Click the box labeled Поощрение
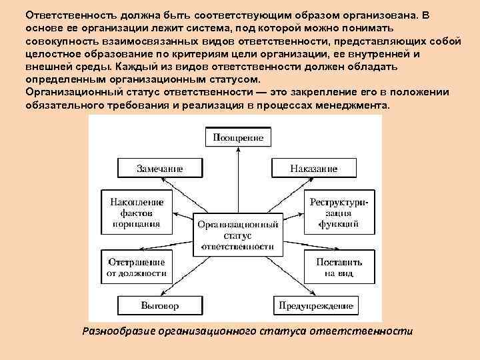238,138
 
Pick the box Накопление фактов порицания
135,211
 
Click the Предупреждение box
314,305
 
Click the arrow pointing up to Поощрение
238,180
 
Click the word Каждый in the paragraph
133,68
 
